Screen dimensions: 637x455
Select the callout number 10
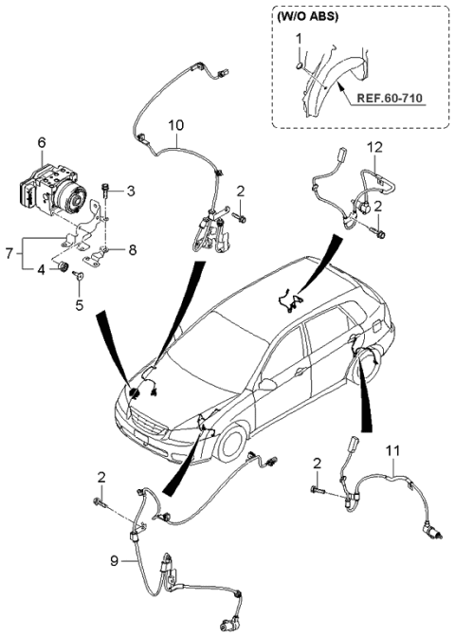(175, 125)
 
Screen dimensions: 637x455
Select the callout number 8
(132, 251)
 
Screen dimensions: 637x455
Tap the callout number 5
(80, 305)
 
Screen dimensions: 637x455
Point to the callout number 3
(131, 191)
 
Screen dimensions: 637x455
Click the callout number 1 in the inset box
(299, 37)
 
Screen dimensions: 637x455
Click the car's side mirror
(269, 385)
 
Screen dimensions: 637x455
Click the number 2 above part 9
(101, 475)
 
